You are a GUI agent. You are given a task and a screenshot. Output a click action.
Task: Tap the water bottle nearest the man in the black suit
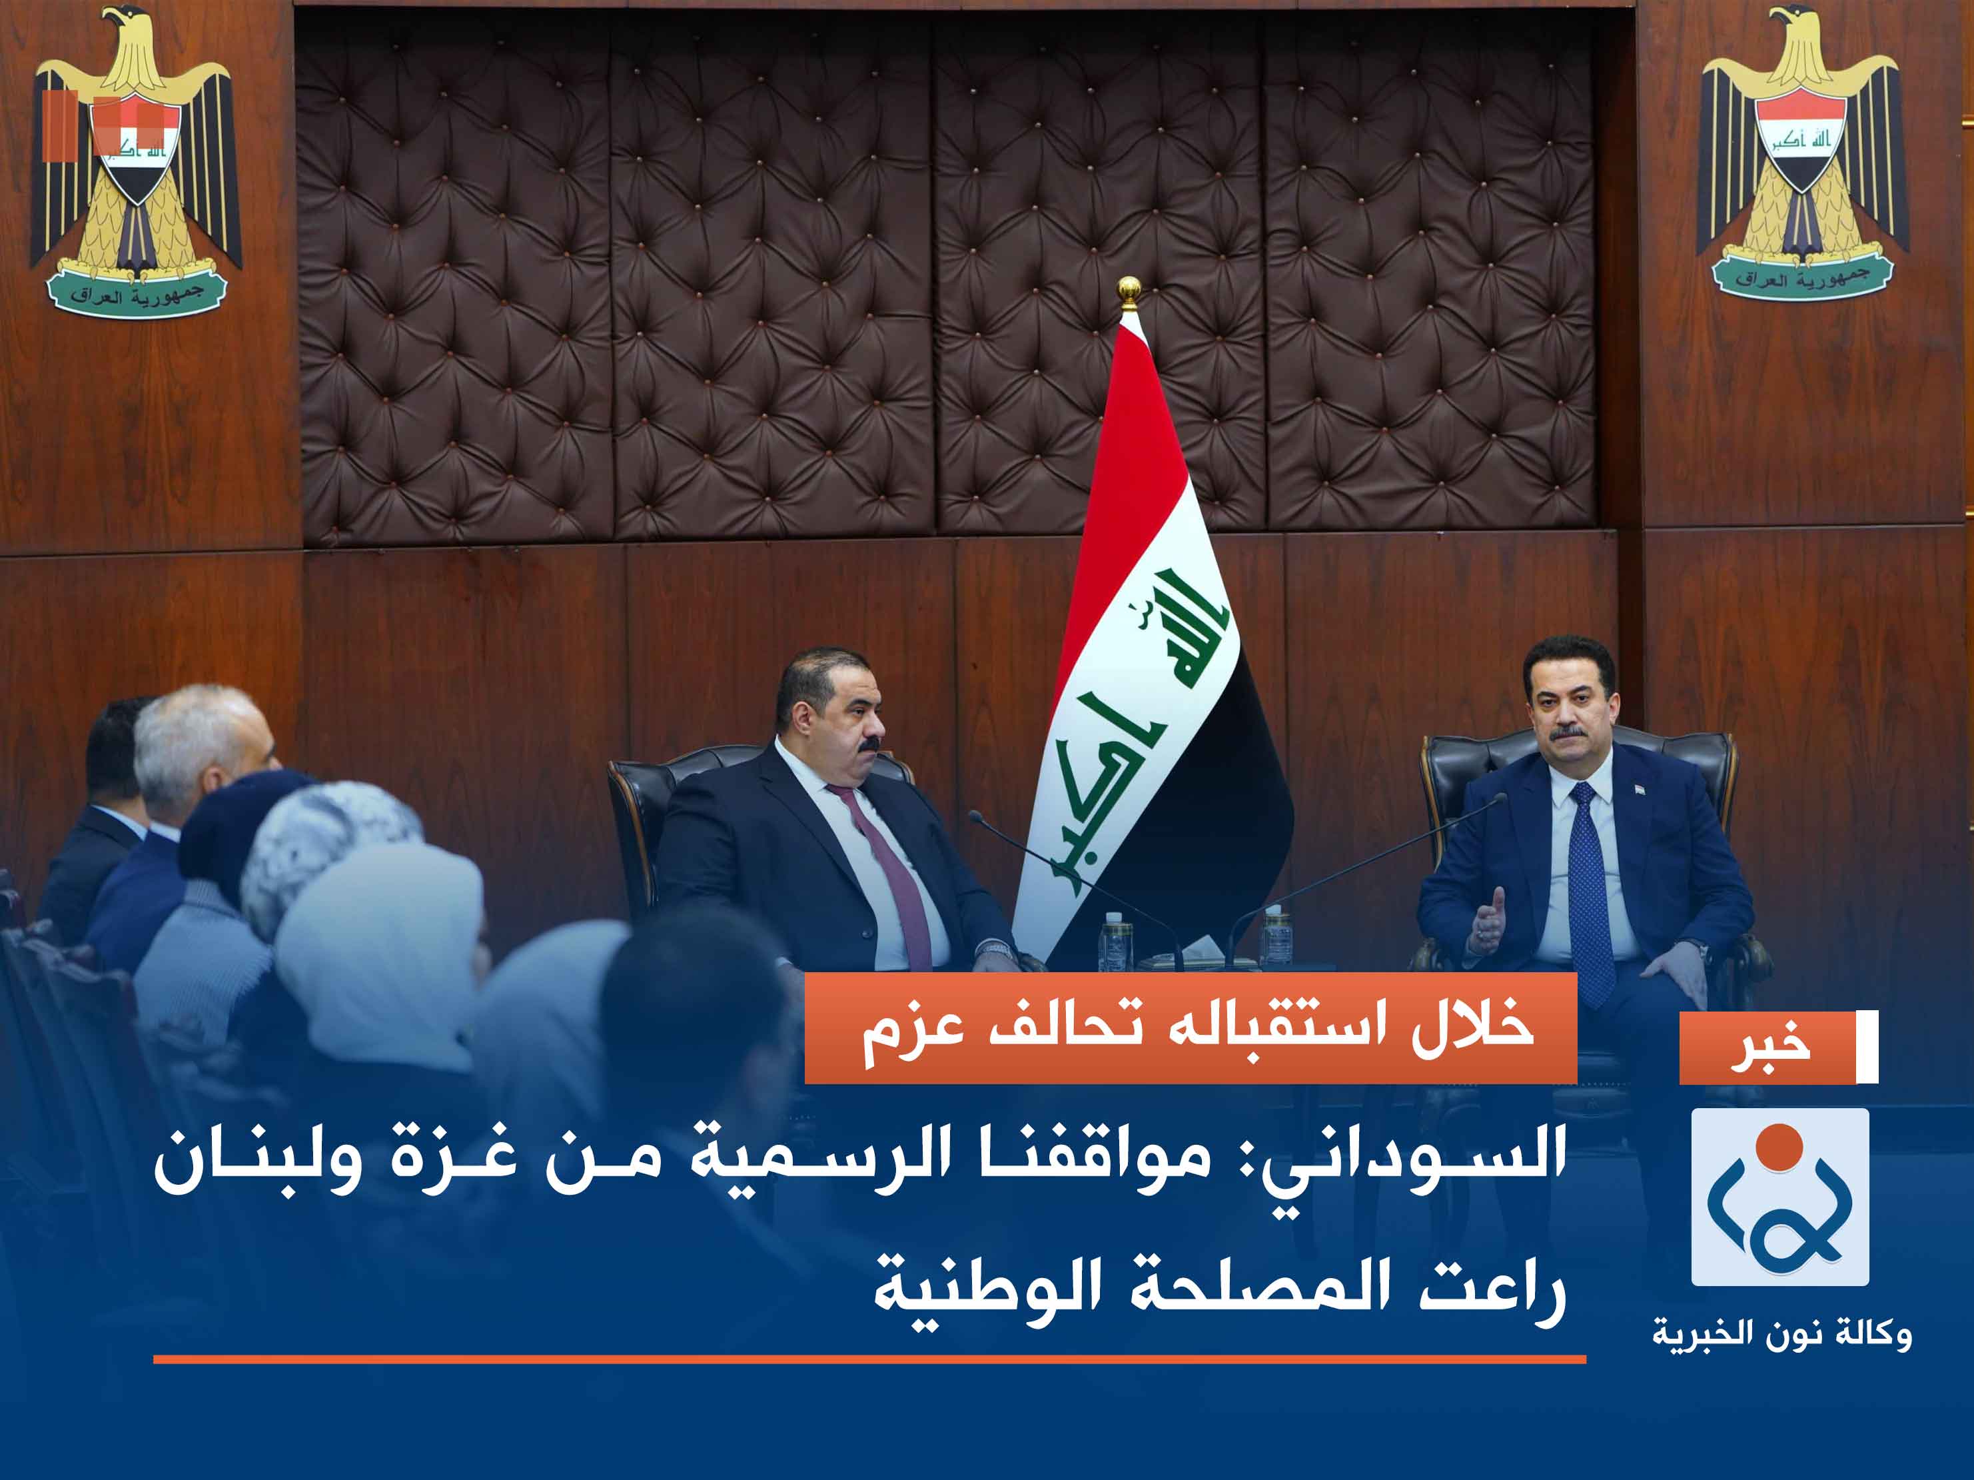pos(1115,941)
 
